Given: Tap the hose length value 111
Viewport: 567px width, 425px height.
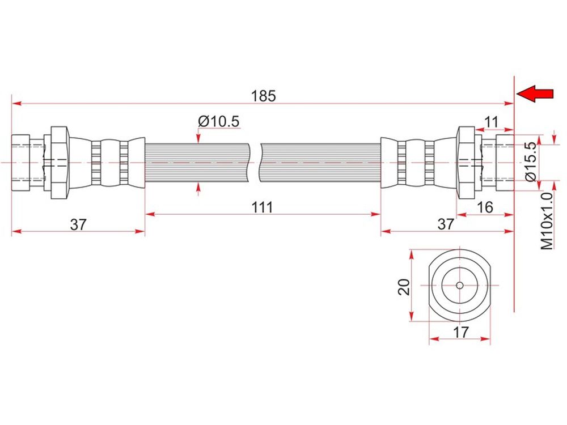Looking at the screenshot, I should (x=263, y=207).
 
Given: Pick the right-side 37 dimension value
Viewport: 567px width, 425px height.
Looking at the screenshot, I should (x=446, y=224).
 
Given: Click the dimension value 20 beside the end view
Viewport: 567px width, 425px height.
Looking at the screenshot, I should (x=404, y=286).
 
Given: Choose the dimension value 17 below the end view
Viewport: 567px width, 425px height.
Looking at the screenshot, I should (x=462, y=333).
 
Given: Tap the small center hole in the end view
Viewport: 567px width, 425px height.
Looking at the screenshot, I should (x=459, y=285).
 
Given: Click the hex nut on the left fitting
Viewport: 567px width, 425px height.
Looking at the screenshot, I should (x=60, y=163).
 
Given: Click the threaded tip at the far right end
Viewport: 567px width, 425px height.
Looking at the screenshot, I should (x=503, y=163).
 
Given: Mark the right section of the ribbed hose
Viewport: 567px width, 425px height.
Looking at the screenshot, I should (x=320, y=163).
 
